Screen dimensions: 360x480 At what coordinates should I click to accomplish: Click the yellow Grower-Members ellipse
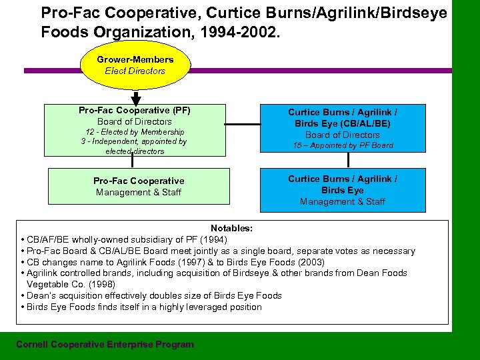[135, 65]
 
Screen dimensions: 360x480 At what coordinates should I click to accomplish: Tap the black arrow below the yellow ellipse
[135, 99]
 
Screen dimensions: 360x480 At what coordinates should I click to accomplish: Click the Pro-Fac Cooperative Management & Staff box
[139, 186]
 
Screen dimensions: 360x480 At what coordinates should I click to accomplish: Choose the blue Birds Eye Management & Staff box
[342, 190]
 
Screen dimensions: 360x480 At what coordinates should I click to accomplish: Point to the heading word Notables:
[231, 228]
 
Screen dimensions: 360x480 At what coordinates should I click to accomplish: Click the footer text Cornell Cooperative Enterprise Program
[105, 345]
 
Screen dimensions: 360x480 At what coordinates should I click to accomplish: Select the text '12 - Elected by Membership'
[135, 132]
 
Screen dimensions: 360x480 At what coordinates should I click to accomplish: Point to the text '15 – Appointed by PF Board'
[343, 145]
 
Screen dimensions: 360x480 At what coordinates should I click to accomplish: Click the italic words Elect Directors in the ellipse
[135, 71]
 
